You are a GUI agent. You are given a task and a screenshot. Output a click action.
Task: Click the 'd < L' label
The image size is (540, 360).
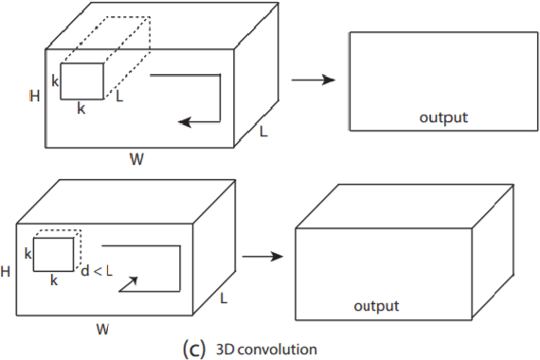(x=98, y=273)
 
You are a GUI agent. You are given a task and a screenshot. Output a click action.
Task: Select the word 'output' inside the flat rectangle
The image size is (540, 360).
(x=443, y=117)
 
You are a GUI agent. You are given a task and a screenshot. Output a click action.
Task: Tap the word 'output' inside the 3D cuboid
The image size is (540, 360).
(x=376, y=306)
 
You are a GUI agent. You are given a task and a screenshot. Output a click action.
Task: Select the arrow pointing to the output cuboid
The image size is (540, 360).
(x=264, y=256)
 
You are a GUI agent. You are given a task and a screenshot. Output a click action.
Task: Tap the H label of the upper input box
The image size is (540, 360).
(x=34, y=96)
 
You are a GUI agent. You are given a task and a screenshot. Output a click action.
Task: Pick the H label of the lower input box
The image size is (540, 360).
(x=7, y=271)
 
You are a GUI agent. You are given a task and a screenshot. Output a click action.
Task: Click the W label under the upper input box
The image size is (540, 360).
(x=136, y=159)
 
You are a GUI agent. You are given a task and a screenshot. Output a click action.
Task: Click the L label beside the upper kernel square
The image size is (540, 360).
(x=119, y=97)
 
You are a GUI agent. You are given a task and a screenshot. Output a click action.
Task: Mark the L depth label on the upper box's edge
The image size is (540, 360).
(x=263, y=132)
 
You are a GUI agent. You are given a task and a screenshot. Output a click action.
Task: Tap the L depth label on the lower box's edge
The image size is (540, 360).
(x=224, y=297)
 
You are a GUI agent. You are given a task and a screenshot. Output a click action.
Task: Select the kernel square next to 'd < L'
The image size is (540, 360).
(x=54, y=254)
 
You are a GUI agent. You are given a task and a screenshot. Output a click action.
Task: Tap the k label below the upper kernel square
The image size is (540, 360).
(x=81, y=109)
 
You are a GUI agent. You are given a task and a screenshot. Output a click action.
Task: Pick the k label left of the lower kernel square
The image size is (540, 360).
(x=27, y=254)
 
